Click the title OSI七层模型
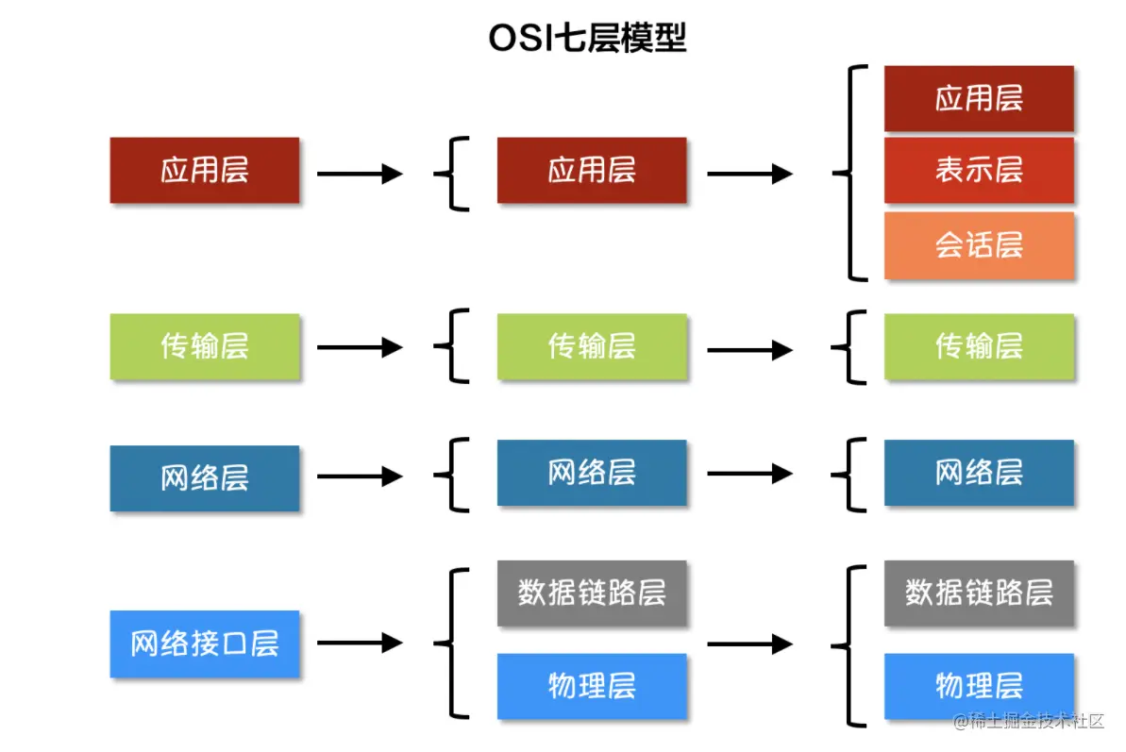[587, 39]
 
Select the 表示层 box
[979, 171]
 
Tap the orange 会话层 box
[979, 245]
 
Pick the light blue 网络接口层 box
[205, 644]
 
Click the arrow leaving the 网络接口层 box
[360, 643]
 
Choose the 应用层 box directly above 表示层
[979, 98]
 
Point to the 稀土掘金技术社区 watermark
[1028, 721]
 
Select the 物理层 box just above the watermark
[979, 686]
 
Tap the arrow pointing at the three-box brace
[749, 174]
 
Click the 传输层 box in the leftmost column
[205, 347]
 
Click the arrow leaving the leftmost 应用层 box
[360, 174]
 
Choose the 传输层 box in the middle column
[592, 347]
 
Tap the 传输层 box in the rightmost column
[979, 347]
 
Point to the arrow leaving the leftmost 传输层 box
[360, 347]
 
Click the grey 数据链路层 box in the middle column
[592, 593]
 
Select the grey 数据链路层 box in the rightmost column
[979, 593]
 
